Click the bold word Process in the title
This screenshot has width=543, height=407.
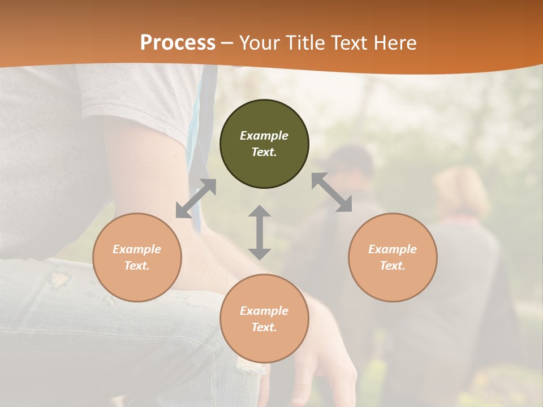[x=178, y=42]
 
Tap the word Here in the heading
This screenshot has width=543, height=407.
[x=394, y=42]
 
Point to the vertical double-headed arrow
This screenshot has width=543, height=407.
[x=260, y=232]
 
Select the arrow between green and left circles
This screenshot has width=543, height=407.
[x=196, y=198]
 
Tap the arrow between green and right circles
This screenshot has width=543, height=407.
[x=331, y=192]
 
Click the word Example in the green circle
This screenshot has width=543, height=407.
[x=264, y=136]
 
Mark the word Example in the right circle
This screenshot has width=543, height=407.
[x=393, y=249]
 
